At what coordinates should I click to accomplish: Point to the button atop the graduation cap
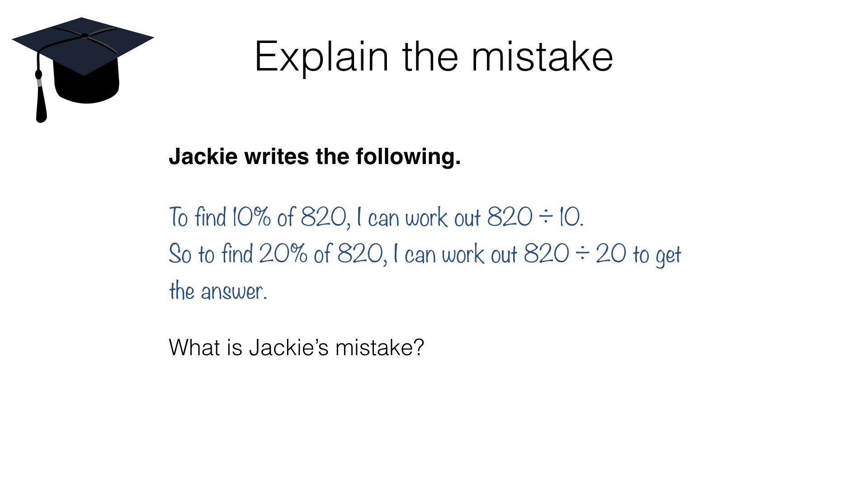85,35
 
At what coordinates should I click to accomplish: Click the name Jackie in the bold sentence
203,157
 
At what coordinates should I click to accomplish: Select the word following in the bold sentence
408,157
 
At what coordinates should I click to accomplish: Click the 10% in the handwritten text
251,217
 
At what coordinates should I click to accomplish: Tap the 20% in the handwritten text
283,253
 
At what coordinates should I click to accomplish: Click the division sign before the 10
546,217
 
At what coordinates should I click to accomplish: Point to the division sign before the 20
582,253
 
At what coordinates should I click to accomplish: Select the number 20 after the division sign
611,253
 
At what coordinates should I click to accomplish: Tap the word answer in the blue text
233,291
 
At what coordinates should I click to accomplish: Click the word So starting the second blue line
180,253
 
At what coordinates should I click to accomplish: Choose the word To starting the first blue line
178,217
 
